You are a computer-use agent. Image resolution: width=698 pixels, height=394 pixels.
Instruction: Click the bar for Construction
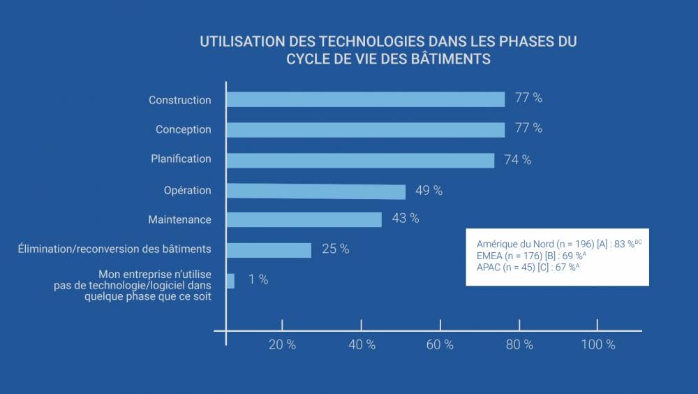365,99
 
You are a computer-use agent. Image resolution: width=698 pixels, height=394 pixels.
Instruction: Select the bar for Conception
365,130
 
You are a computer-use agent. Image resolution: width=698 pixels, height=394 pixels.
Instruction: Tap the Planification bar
360,160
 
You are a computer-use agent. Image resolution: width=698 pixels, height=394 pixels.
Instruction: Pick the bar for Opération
315,191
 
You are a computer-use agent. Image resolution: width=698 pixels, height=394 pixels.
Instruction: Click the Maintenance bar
304,219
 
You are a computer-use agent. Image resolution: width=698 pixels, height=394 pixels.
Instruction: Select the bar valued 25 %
269,250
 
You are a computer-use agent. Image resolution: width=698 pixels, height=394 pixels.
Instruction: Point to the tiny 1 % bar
230,280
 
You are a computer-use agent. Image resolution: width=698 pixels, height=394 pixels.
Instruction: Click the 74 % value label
517,160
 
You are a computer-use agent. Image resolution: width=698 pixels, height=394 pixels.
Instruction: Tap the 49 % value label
429,191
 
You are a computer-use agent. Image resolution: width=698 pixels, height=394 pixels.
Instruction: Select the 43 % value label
406,219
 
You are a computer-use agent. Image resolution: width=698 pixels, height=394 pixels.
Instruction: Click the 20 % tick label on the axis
282,344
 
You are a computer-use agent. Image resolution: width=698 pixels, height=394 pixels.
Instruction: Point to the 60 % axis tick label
440,344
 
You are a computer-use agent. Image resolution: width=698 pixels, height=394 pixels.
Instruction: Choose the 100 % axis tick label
597,344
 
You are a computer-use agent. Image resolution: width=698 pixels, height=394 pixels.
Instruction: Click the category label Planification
181,159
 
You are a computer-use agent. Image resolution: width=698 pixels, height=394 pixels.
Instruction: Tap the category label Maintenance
179,219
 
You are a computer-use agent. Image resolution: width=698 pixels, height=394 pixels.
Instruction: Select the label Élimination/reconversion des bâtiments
114,249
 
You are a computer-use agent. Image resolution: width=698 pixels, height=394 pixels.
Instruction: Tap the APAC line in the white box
527,267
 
